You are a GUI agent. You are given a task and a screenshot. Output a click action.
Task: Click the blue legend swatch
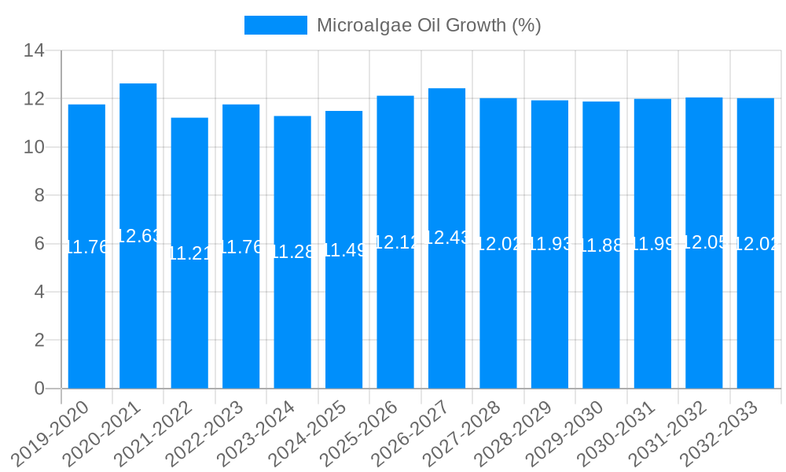tap(275, 25)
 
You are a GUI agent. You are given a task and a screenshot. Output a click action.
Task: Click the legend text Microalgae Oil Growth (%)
tap(428, 25)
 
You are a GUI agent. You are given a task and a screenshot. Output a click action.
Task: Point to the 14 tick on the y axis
tap(34, 51)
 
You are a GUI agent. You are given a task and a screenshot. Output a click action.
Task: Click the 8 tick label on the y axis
tap(39, 196)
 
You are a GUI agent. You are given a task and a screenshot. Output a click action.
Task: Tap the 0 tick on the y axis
tap(39, 389)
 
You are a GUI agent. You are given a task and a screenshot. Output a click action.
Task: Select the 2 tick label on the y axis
tap(39, 341)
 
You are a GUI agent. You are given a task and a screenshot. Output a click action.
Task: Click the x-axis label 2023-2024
tap(256, 433)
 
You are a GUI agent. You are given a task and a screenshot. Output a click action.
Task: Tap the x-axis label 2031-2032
tap(668, 433)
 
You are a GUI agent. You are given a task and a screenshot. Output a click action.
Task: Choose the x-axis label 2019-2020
tap(50, 433)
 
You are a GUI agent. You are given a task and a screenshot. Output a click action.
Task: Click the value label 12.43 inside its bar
tap(446, 237)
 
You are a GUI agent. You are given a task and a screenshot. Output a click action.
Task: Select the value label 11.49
tap(343, 251)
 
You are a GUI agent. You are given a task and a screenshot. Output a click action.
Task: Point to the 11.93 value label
tap(549, 243)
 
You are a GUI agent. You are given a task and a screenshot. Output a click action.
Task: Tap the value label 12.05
tap(703, 242)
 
